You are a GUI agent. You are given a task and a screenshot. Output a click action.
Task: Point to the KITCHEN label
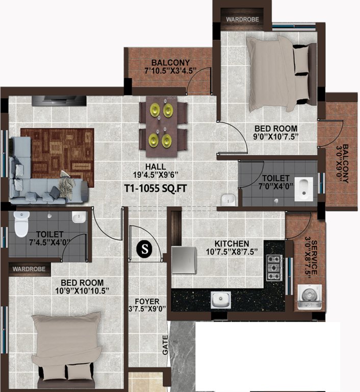click(x=232, y=243)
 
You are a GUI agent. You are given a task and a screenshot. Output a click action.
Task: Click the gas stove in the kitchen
click(x=274, y=266)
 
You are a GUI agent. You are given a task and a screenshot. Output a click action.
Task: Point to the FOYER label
click(x=147, y=301)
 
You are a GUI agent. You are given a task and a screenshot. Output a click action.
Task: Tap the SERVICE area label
click(x=315, y=250)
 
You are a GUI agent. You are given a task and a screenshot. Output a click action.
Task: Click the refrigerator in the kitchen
click(x=184, y=261)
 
